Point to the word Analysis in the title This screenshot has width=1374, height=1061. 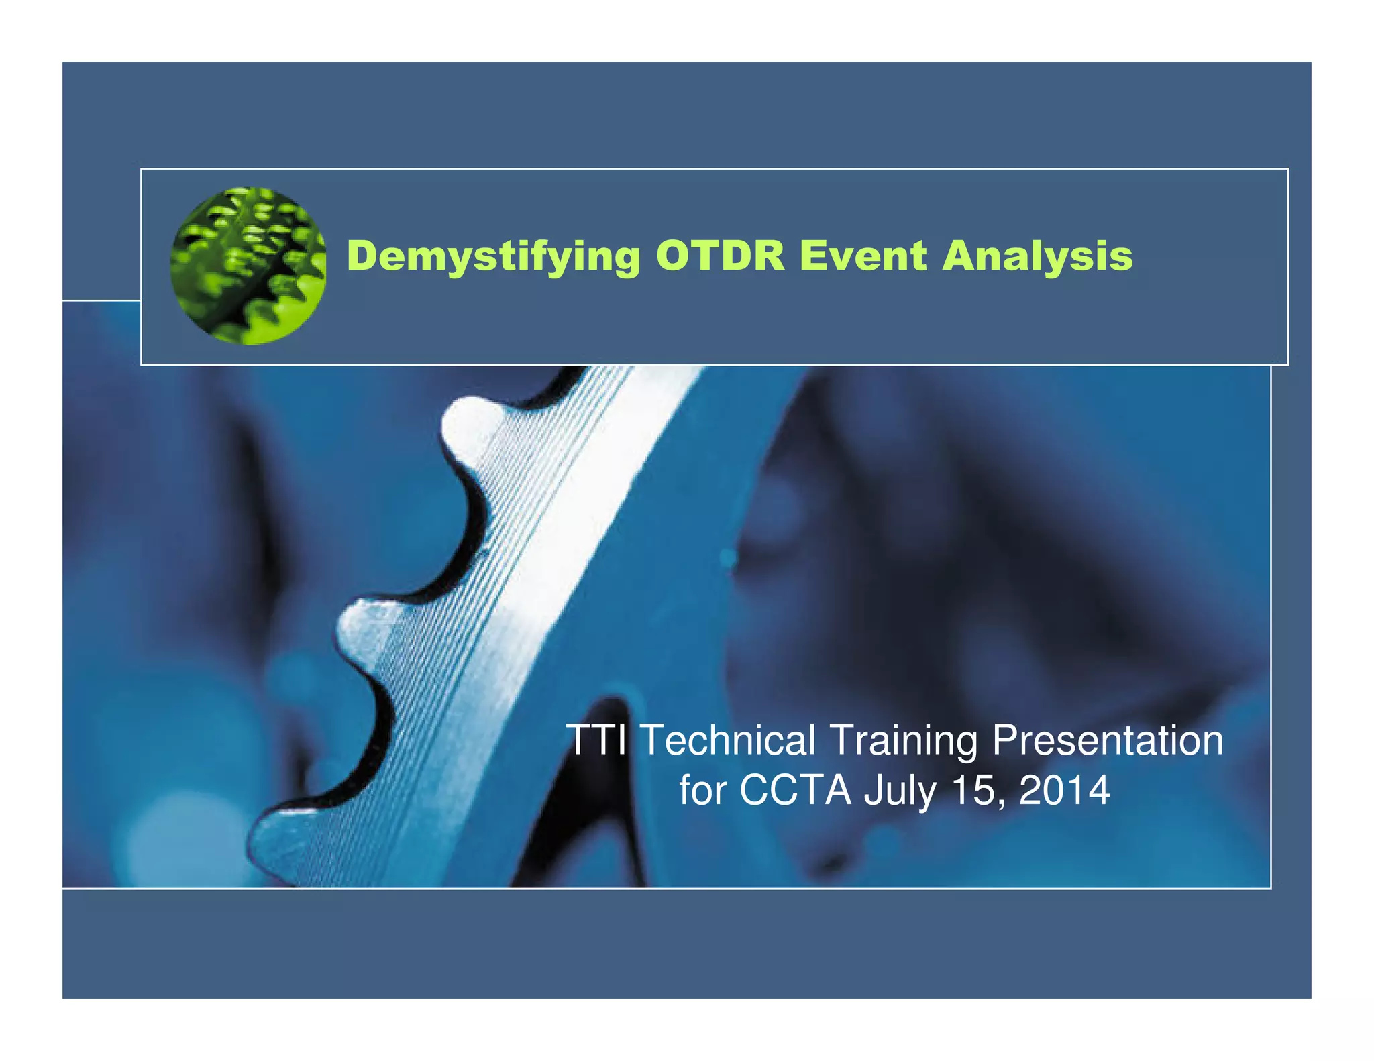[x=1037, y=257]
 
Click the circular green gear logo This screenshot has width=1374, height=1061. [x=248, y=266]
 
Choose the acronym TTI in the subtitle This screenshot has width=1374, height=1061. [x=596, y=740]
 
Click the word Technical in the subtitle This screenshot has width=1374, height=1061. [x=729, y=740]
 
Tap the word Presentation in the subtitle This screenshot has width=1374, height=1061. [x=1108, y=740]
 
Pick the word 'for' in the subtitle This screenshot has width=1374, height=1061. [x=702, y=790]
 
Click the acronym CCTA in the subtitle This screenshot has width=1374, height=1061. [x=796, y=790]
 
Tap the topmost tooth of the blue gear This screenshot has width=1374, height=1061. [x=470, y=419]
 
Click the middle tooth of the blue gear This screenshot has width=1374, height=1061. [x=362, y=627]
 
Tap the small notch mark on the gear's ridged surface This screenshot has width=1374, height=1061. [x=481, y=553]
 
